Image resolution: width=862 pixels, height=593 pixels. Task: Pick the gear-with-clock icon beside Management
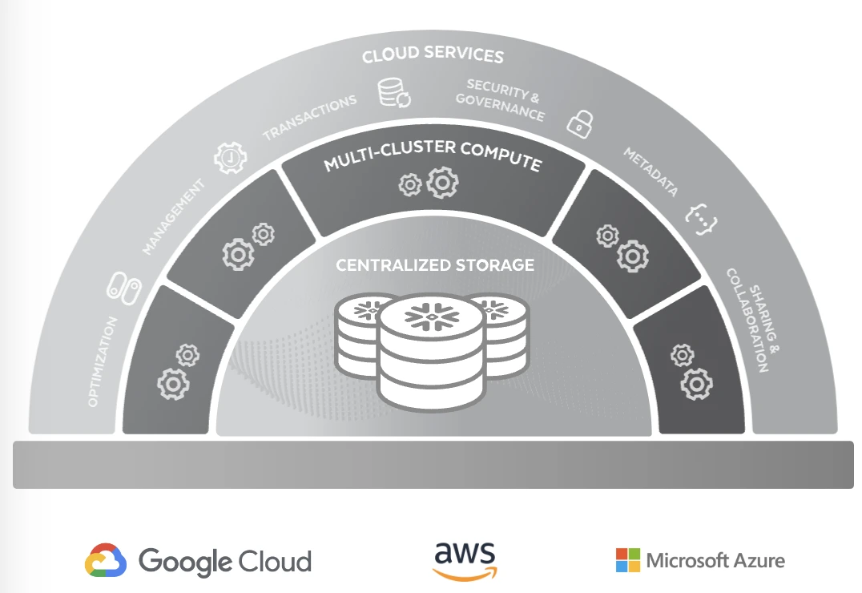click(231, 158)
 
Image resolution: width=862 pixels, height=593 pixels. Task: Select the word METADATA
click(651, 171)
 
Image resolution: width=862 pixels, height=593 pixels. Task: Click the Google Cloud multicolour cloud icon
click(106, 560)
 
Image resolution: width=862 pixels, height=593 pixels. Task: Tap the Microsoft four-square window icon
click(628, 560)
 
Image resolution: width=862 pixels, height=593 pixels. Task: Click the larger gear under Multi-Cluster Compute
click(442, 184)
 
